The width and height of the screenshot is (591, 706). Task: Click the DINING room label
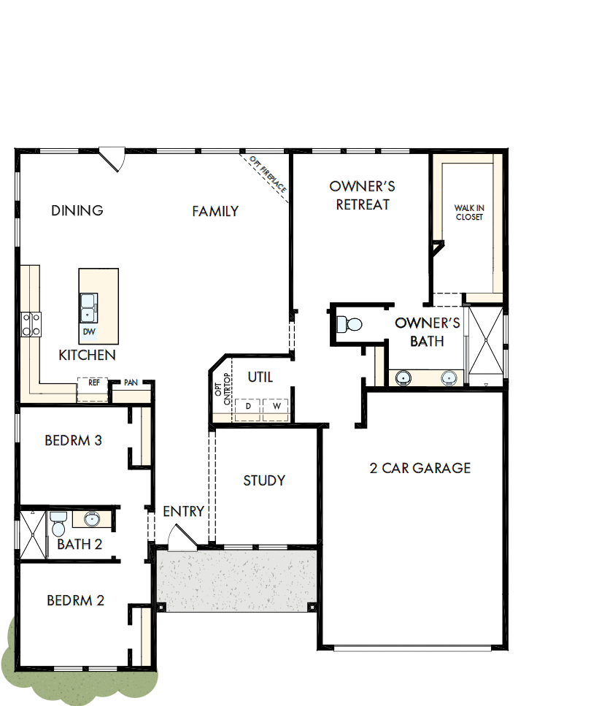77,211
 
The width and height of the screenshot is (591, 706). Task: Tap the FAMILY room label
215,212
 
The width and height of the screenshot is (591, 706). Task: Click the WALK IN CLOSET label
469,212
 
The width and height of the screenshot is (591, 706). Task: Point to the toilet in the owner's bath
352,323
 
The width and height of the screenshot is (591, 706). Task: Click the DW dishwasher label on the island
89,332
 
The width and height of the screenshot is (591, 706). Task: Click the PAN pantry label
131,383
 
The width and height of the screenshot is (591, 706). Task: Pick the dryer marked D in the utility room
249,405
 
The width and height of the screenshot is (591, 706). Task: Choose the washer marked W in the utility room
276,405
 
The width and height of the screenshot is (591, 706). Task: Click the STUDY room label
264,480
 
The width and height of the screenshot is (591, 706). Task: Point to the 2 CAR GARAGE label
420,468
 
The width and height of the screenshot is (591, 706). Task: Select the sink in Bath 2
92,519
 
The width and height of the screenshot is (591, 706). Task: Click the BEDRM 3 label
73,441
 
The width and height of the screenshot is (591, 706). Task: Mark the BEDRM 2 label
75,601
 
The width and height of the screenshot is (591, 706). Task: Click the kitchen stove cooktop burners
31,324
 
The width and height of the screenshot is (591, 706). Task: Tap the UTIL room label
260,377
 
